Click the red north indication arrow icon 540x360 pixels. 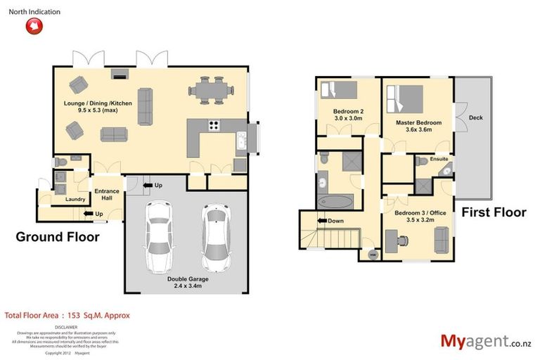pyautogui.click(x=33, y=26)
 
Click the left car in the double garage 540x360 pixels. pyautogui.click(x=158, y=238)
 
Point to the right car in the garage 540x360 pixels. pyautogui.click(x=215, y=238)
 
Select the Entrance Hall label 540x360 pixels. pyautogui.click(x=107, y=195)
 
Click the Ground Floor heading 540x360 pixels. pyautogui.click(x=58, y=237)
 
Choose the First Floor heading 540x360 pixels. pyautogui.click(x=494, y=212)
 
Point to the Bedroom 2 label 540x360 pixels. pyautogui.click(x=348, y=115)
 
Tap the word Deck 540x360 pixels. pyautogui.click(x=476, y=118)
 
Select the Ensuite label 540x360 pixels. pyautogui.click(x=439, y=159)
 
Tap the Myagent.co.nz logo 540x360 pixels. pyautogui.click(x=485, y=341)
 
